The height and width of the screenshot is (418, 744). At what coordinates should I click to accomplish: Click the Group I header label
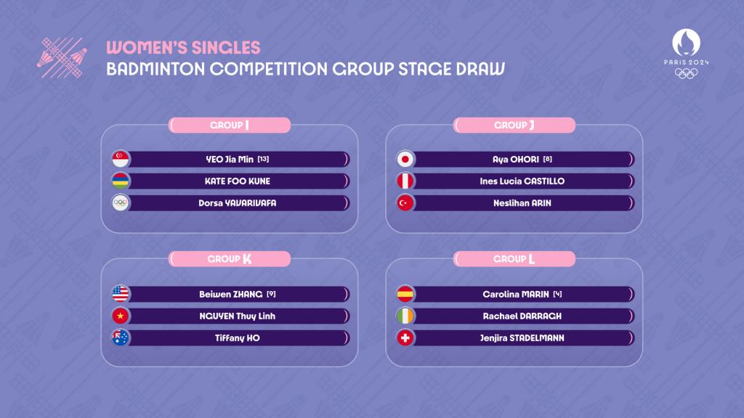pyautogui.click(x=230, y=125)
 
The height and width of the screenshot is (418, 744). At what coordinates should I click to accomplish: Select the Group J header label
pyautogui.click(x=514, y=125)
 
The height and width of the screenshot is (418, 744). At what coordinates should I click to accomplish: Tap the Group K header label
pyautogui.click(x=230, y=259)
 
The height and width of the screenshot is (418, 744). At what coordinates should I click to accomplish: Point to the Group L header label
pyautogui.click(x=514, y=259)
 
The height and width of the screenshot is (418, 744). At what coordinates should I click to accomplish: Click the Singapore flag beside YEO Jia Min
pyautogui.click(x=121, y=159)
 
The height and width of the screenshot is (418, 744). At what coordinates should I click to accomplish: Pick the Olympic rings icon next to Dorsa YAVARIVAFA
pyautogui.click(x=121, y=203)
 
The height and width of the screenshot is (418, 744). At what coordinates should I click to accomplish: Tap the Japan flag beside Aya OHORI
pyautogui.click(x=405, y=159)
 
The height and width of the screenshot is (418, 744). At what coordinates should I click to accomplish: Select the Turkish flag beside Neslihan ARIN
pyautogui.click(x=405, y=203)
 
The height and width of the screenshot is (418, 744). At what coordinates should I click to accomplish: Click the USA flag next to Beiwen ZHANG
pyautogui.click(x=121, y=294)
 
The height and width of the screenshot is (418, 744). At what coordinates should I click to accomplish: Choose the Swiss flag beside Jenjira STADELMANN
pyautogui.click(x=405, y=338)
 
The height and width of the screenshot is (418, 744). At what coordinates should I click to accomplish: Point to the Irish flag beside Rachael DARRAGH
pyautogui.click(x=405, y=316)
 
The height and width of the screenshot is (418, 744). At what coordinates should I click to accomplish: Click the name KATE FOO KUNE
pyautogui.click(x=238, y=181)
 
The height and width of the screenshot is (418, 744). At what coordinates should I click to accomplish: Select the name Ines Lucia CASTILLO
pyautogui.click(x=522, y=181)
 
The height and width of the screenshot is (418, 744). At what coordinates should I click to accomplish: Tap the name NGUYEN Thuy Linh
pyautogui.click(x=238, y=316)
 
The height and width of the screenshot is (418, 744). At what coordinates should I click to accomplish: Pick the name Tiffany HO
pyautogui.click(x=238, y=338)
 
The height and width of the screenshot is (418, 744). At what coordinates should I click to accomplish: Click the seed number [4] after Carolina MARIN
pyautogui.click(x=557, y=294)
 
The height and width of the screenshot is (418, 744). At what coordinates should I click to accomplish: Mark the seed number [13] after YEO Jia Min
pyautogui.click(x=263, y=159)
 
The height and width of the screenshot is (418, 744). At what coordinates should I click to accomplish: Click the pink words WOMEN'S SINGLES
pyautogui.click(x=183, y=47)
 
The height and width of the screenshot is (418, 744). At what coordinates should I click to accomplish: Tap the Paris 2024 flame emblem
pyautogui.click(x=686, y=42)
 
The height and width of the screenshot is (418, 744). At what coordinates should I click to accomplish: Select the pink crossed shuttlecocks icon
pyautogui.click(x=62, y=58)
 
